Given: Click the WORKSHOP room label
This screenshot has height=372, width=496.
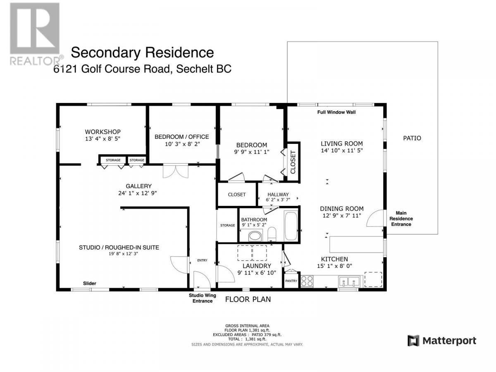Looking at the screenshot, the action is tap(103, 132).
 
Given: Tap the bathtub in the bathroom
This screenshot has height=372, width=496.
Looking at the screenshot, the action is tap(291, 226).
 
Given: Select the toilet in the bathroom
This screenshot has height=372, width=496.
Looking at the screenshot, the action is tap(272, 234).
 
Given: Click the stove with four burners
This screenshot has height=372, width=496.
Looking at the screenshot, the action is tap(307, 281).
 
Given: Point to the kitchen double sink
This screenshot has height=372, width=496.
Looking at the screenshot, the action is tap(349, 281).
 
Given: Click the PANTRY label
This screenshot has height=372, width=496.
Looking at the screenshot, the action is tap(291, 281).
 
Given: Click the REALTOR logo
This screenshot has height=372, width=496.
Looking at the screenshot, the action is tap(36, 34).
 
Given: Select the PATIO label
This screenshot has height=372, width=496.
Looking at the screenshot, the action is tap(412, 138).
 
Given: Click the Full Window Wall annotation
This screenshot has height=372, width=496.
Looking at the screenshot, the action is tap(336, 112).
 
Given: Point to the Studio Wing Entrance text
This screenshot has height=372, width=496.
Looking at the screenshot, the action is tap(202, 298).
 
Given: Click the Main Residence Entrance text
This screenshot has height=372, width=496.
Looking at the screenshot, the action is tap(401, 218).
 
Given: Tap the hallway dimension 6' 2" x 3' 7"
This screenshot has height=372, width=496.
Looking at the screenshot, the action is tap(278, 200).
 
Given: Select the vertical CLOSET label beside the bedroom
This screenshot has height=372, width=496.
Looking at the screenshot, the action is tap(293, 162).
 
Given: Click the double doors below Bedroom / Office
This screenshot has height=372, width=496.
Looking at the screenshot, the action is tap(176, 171).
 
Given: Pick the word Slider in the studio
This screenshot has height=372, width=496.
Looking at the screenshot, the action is tap(89, 283).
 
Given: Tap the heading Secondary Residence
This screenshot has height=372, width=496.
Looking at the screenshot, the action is tap(142, 52).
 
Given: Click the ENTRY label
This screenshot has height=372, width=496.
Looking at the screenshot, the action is tap(202, 260).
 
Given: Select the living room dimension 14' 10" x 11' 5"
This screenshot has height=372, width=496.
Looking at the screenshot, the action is tap(342, 150).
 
